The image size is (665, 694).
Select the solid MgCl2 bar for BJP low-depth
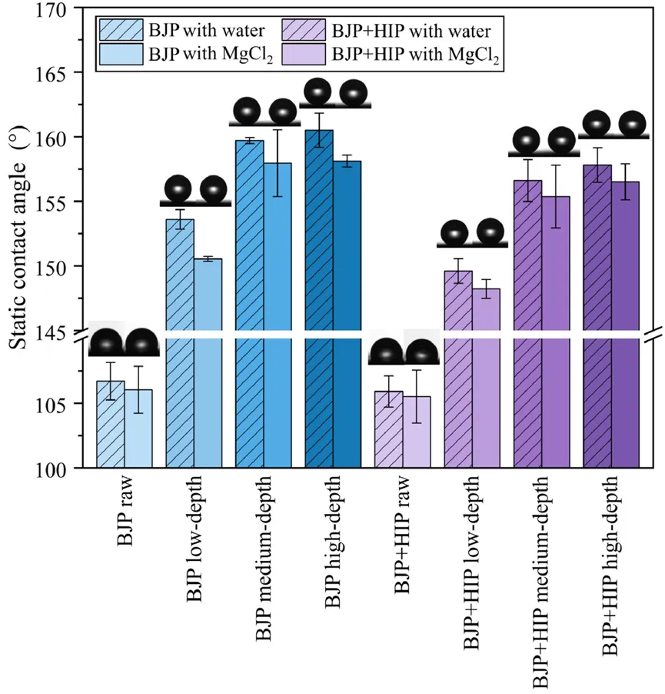pyautogui.click(x=208, y=362)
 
